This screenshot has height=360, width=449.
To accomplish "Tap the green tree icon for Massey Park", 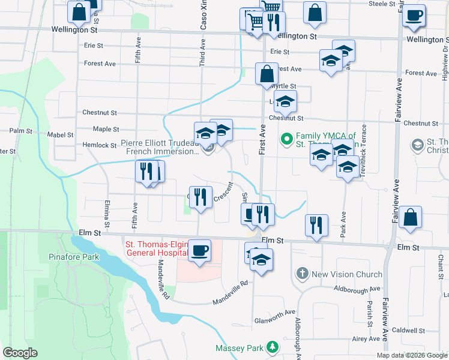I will tap(273, 347).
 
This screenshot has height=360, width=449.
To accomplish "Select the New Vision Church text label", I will tap(347, 274).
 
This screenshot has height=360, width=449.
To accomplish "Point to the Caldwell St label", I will tap(408, 331).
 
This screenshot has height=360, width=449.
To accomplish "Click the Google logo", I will tap(20, 353).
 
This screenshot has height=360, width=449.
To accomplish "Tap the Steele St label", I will tap(382, 4).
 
